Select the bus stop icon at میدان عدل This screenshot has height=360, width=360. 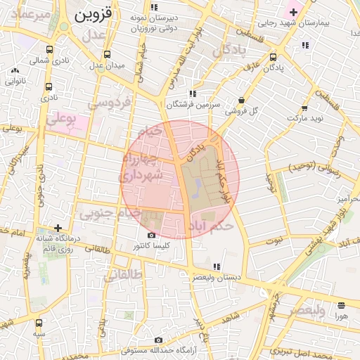point(106,54)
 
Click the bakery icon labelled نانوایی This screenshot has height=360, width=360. point(15,70)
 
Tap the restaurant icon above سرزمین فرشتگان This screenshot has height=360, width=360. point(192,94)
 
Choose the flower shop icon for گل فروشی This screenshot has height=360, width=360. point(242,100)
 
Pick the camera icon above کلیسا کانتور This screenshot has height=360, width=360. point(151,236)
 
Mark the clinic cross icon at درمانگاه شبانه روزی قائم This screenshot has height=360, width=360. point(58,228)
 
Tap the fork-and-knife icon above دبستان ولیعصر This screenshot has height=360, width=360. point(217,266)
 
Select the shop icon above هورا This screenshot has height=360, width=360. point(341,305)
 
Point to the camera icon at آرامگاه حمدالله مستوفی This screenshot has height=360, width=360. point(159,340)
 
